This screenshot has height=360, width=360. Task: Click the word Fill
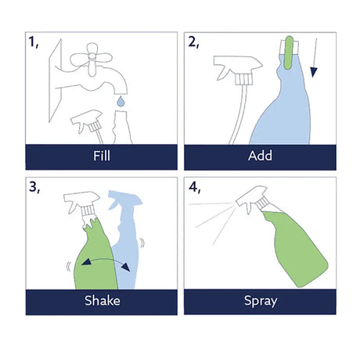point(102,156)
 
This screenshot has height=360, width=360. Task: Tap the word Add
point(260,156)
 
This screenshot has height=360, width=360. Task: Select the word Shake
point(103,301)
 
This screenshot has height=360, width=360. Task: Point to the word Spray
point(261,301)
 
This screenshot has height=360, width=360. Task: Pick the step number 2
point(193,42)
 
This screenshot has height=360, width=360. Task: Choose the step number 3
point(34,187)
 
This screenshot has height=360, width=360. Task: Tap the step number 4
point(194,187)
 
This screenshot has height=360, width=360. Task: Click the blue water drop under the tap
point(121,102)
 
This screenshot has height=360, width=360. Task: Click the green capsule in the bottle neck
point(289,52)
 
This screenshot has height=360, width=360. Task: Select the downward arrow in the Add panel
point(315,58)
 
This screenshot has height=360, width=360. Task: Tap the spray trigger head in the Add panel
point(238,69)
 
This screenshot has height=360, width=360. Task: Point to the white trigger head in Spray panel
point(253,199)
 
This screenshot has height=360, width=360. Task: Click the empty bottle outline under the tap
point(122,128)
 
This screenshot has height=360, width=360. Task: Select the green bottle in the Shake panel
point(95,258)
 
